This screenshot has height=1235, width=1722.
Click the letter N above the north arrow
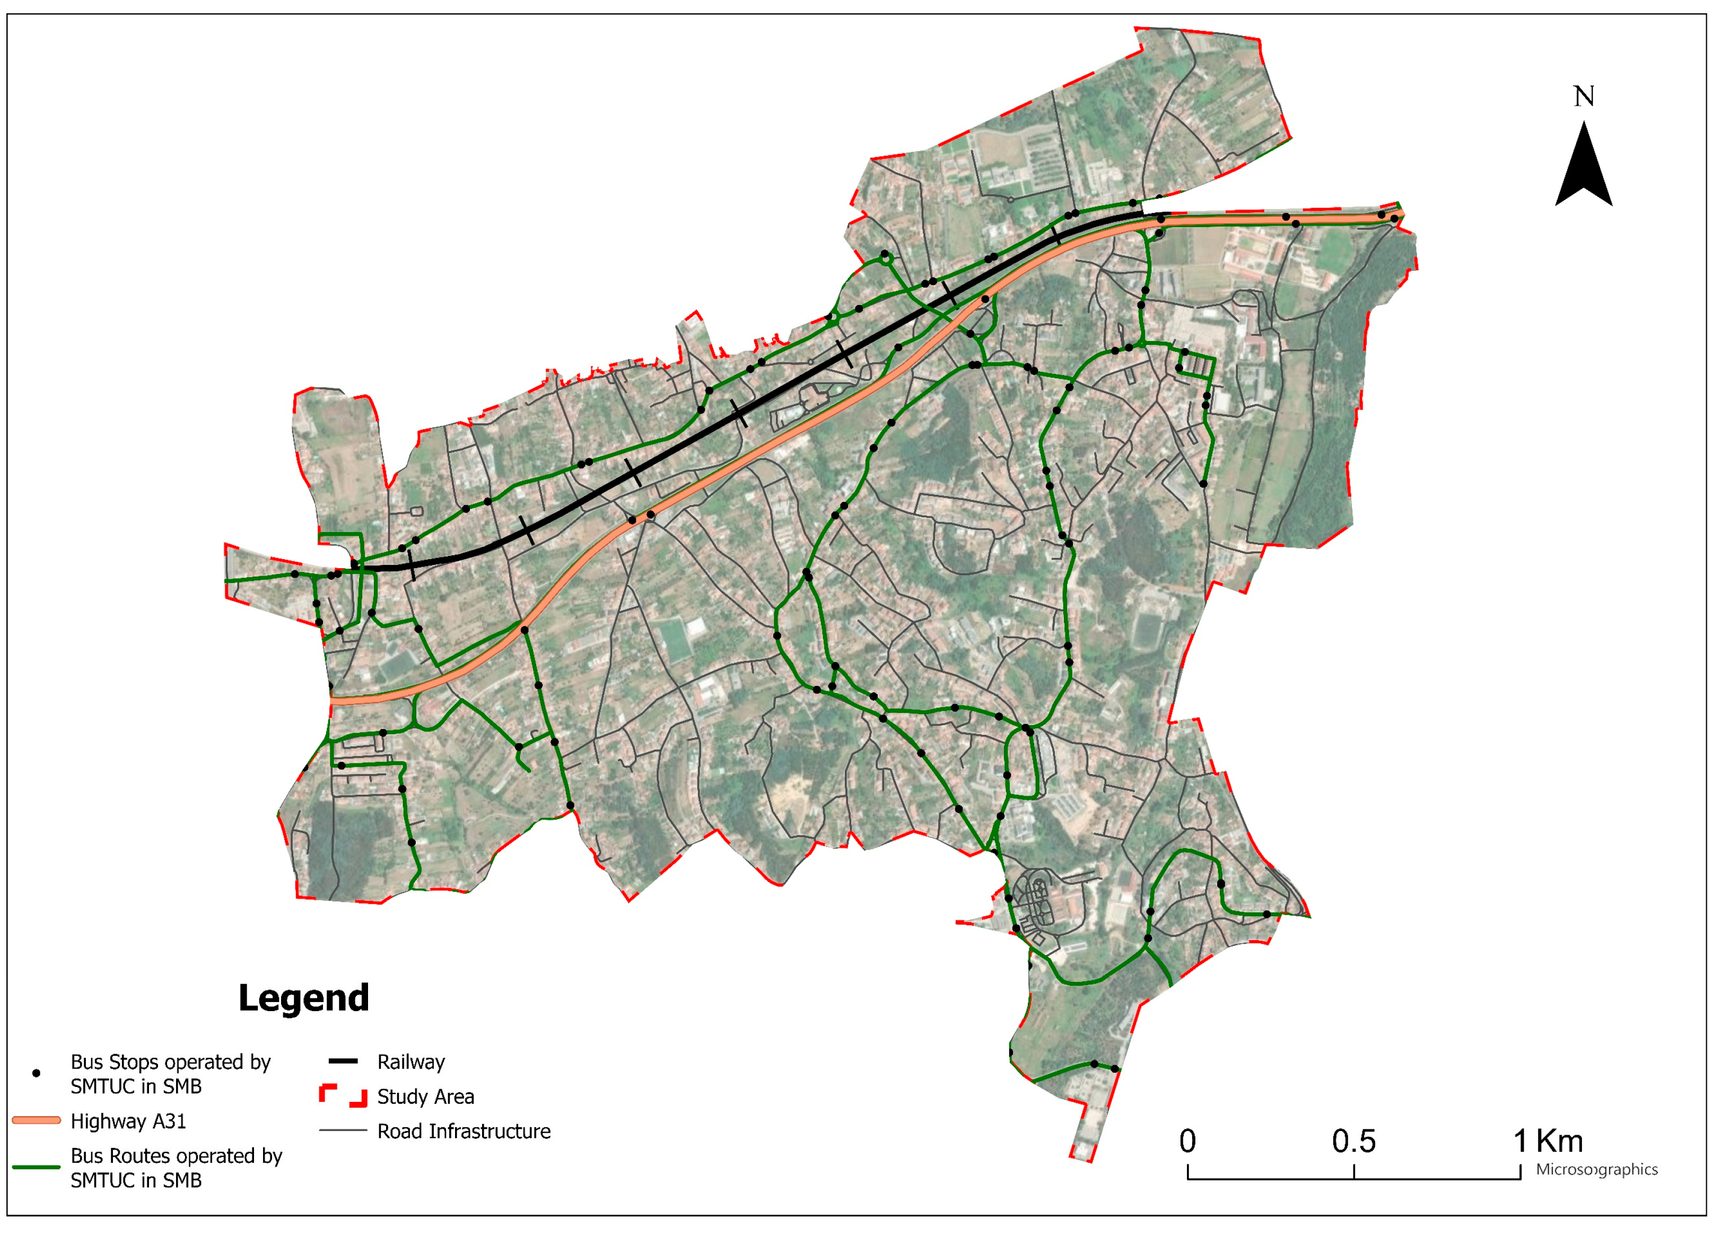point(1583,97)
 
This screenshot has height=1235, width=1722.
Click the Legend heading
point(304,998)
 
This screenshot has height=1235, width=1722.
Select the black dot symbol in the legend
point(36,1073)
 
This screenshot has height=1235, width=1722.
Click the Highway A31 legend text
point(128,1121)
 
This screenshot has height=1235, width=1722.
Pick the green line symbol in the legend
point(36,1167)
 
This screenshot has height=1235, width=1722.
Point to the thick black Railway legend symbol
point(343,1061)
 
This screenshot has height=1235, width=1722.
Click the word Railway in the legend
point(411,1062)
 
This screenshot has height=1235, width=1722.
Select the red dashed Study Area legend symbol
point(343,1095)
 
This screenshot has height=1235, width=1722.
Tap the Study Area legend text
point(425,1097)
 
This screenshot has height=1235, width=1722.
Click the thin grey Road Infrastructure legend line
point(343,1130)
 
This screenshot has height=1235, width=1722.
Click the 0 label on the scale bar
point(1187,1142)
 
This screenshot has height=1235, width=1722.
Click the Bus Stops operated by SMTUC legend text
point(170,1073)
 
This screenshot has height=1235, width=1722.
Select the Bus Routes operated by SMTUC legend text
point(176,1168)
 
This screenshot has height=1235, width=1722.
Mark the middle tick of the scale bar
point(1354,1172)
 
